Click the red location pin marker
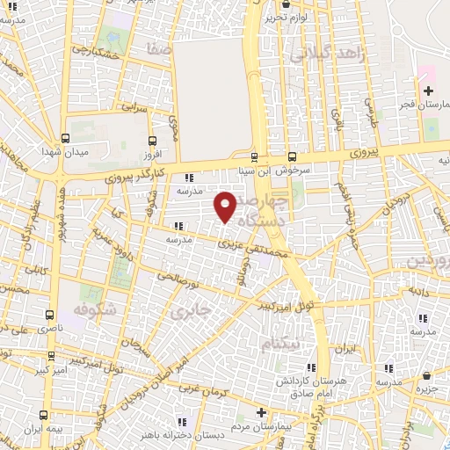[226, 207]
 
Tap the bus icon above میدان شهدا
[67, 138]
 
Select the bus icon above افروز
[153, 140]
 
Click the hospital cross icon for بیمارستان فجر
[428, 91]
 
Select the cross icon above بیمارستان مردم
[260, 412]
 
